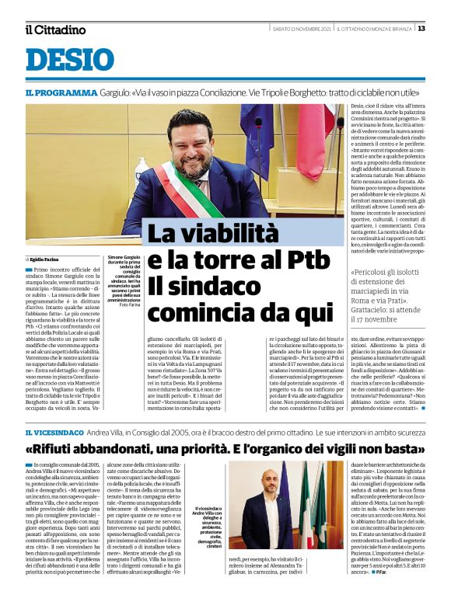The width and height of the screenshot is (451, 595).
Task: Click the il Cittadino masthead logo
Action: point(54,30)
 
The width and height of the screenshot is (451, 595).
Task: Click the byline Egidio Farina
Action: point(48,259)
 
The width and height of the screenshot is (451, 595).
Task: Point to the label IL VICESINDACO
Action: point(53,431)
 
